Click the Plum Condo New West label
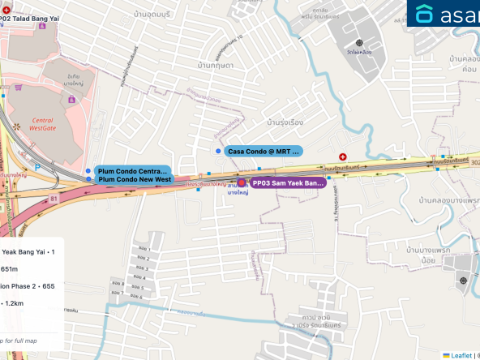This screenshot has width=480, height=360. (x=134, y=179)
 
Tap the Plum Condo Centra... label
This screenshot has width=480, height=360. (x=132, y=171)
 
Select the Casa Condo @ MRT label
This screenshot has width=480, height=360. (x=264, y=151)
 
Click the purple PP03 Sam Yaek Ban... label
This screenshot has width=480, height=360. (x=288, y=183)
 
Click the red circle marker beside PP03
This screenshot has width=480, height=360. (x=241, y=183)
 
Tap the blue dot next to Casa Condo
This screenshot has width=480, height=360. (x=218, y=151)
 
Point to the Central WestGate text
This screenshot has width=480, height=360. (x=41, y=123)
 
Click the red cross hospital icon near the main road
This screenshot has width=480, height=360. (x=343, y=156)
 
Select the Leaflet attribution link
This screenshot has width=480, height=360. (x=461, y=355)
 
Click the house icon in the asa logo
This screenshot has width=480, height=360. (x=425, y=14)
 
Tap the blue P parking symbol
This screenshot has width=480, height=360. (x=38, y=169)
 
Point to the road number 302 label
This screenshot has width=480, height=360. (x=474, y=161)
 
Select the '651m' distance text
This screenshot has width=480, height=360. (x=9, y=268)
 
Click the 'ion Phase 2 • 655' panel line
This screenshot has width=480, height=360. (x=28, y=285)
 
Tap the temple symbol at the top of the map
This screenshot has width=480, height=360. (x=359, y=42)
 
